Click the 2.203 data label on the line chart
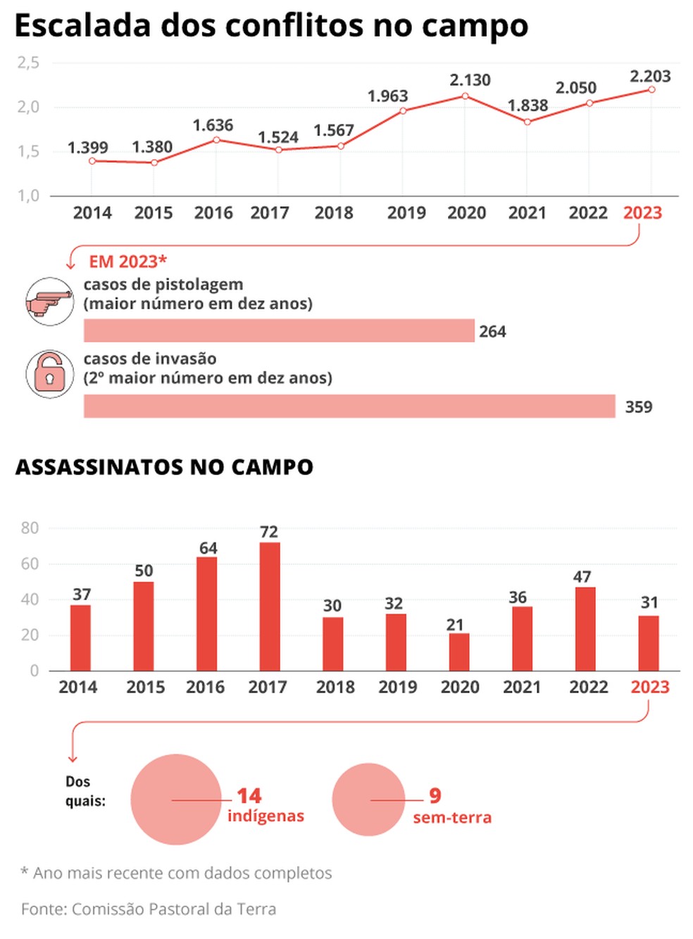(x=649, y=76)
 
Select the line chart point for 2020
(x=465, y=96)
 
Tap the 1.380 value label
(x=152, y=147)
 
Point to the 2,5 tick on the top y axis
(x=28, y=63)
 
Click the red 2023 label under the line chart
(x=642, y=213)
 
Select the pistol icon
(x=49, y=301)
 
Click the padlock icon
(x=49, y=373)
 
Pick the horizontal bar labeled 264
(x=279, y=330)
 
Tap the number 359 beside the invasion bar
(x=638, y=407)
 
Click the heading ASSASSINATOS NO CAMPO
(x=164, y=467)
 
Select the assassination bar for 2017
(x=270, y=606)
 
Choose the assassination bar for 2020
(x=459, y=652)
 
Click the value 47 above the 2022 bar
(x=582, y=577)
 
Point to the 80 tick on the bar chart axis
(x=30, y=528)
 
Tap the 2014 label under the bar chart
(x=77, y=687)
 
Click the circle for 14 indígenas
(x=176, y=800)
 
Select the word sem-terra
(x=452, y=818)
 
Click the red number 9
(x=435, y=795)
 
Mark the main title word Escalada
(x=82, y=26)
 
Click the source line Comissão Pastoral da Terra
(x=173, y=909)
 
